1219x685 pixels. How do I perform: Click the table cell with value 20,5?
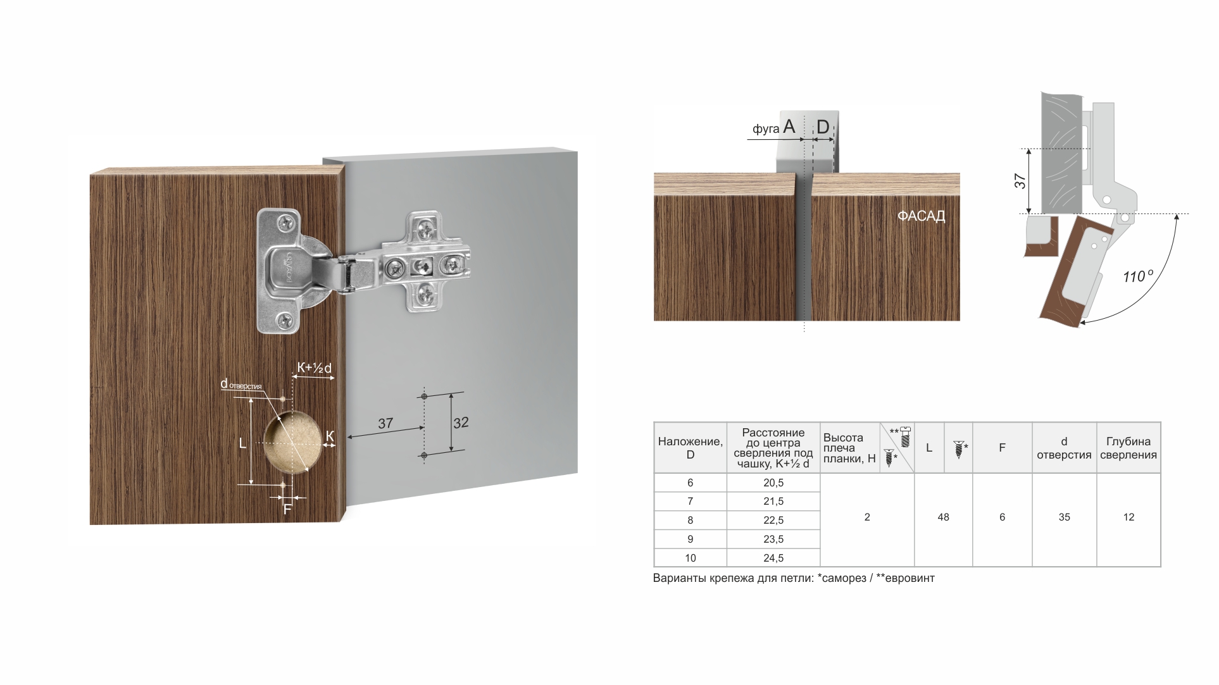[x=773, y=483]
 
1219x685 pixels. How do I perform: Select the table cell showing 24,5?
[x=773, y=558]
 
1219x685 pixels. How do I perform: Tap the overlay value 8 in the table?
[x=690, y=520]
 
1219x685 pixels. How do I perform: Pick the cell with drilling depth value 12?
[x=1128, y=517]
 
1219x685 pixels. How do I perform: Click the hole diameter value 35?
[x=1064, y=517]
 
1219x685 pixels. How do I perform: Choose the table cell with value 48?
[x=943, y=517]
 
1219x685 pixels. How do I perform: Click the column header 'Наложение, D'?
[x=690, y=448]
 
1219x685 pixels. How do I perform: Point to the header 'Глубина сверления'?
[x=1128, y=448]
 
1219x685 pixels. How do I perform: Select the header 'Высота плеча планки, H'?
[x=849, y=448]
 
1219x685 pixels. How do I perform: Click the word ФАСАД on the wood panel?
[x=921, y=216]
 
